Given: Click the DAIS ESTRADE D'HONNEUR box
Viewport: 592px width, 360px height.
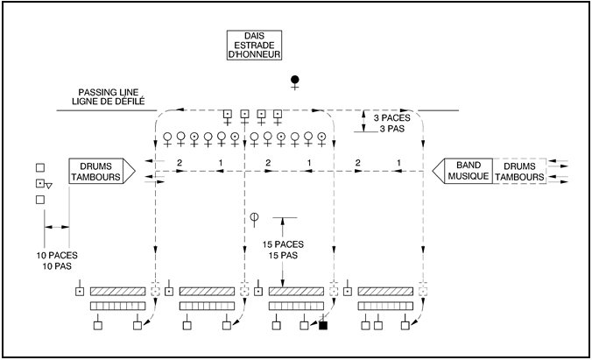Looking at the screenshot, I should (x=252, y=46).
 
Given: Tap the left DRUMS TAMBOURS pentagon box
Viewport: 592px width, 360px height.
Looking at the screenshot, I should (x=99, y=171).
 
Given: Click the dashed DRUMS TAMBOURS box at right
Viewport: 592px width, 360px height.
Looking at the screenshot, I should (x=519, y=171).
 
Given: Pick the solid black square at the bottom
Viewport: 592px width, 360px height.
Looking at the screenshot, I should (x=323, y=326).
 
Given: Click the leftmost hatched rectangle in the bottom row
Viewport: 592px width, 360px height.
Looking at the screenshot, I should (x=116, y=291).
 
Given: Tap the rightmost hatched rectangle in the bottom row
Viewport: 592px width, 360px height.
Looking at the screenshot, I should (x=384, y=291).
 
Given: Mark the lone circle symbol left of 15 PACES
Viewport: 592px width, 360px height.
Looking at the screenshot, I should (x=255, y=216).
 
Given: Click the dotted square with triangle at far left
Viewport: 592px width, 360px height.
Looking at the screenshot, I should (x=40, y=184).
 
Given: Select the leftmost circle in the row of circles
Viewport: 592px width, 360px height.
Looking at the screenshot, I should (x=166, y=137).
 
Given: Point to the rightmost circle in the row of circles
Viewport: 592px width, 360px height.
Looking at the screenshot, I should (x=321, y=137).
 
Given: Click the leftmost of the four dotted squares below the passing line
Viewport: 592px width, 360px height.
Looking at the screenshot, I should (x=228, y=114).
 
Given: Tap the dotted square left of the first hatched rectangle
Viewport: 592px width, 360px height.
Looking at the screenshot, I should (x=79, y=291).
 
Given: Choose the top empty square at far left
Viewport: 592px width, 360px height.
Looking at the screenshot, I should (x=39, y=166).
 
